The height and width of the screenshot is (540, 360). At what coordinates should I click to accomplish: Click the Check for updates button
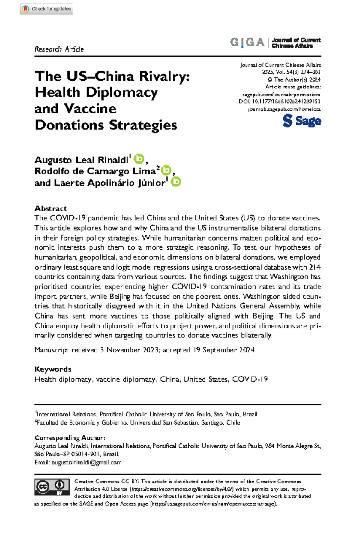point(46,9)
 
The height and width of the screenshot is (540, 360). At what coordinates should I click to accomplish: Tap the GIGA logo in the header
point(247,43)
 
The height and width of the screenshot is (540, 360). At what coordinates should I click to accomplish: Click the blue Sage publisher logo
point(301,121)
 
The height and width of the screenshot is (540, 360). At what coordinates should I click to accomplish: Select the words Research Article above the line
point(59,49)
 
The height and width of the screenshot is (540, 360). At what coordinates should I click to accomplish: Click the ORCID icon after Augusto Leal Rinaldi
point(139,159)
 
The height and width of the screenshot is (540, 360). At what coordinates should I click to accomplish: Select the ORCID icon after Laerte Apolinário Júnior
point(176,182)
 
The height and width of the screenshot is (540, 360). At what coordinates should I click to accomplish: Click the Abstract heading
point(51,208)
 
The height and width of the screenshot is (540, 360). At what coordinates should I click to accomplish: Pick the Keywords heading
point(53,369)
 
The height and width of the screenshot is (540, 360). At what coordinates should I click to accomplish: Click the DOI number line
point(280,101)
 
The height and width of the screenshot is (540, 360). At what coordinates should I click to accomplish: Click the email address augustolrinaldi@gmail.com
point(86,462)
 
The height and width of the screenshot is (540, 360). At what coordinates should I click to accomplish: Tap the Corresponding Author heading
point(70,438)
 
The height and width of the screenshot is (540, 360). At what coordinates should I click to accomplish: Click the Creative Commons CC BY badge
point(52,487)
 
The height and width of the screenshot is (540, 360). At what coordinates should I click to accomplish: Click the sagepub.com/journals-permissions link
point(281,94)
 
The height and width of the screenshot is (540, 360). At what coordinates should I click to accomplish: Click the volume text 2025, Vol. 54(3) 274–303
point(291,72)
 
